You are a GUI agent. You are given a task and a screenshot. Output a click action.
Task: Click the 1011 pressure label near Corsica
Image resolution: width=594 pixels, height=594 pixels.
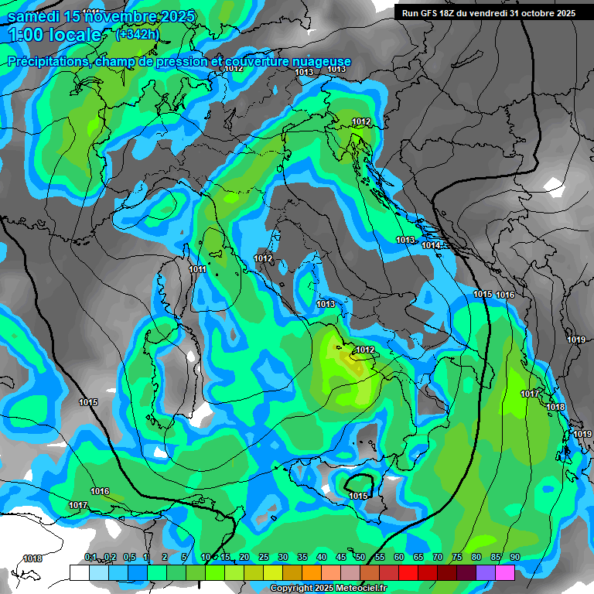197,269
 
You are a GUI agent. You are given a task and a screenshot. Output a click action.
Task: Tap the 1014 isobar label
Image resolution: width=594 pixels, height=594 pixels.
431,245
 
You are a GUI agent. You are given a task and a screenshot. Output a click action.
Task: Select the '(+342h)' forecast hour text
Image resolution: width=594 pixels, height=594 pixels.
138,34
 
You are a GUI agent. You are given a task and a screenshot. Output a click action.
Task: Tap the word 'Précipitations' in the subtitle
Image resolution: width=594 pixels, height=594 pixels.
47,61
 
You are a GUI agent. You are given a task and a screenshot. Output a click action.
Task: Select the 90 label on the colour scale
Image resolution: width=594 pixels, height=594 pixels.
514,558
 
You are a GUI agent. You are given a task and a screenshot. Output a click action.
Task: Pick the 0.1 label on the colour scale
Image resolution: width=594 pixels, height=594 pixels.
90,558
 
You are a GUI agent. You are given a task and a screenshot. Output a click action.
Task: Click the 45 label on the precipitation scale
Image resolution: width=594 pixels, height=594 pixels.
341,558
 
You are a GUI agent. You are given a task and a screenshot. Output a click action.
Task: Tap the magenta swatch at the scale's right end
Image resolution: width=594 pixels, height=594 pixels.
505,572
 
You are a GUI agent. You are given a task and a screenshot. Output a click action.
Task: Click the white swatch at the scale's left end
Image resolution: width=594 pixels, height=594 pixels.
79,572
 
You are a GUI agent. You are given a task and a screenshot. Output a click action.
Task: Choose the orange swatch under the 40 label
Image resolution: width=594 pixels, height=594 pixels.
312,572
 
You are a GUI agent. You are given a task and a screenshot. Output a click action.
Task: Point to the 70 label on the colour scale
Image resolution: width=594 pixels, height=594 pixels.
437,558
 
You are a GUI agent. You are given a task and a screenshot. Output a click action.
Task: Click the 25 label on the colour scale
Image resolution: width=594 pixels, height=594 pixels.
264,558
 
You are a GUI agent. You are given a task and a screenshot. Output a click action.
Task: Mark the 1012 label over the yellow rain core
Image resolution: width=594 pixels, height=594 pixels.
365,350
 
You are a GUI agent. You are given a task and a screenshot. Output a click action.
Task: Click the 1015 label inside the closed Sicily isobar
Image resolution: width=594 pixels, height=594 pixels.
358,496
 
